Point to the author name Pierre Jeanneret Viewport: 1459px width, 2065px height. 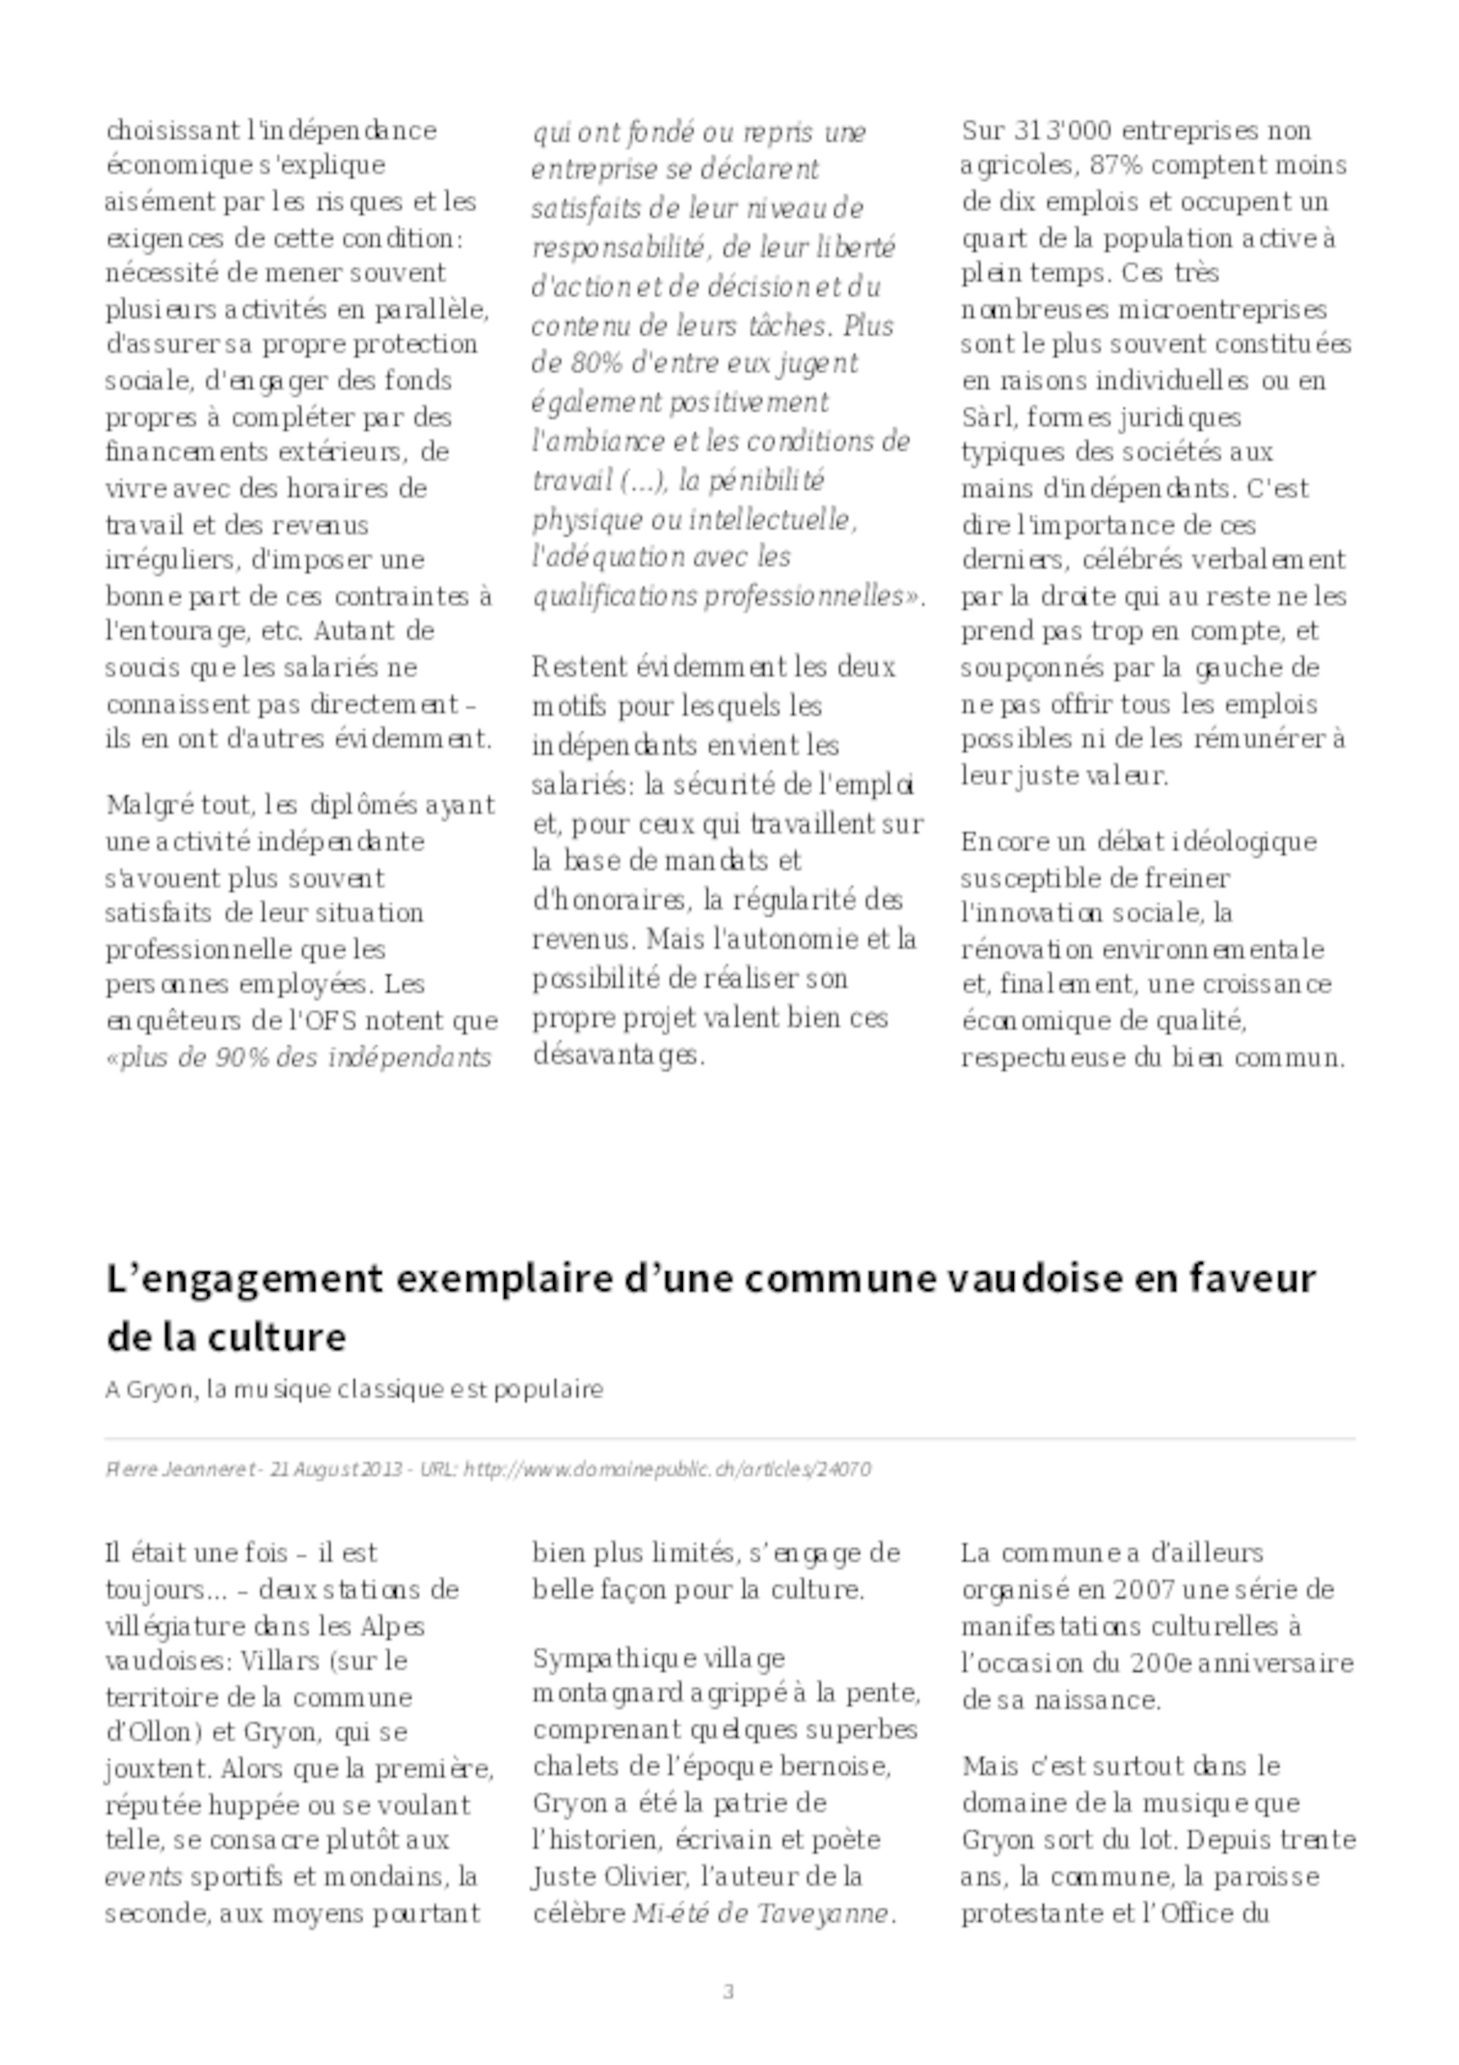click(x=179, y=1470)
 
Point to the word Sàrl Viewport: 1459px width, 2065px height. click(x=988, y=417)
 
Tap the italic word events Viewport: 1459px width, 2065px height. click(x=144, y=1876)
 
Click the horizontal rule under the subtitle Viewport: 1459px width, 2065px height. click(x=729, y=1439)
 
